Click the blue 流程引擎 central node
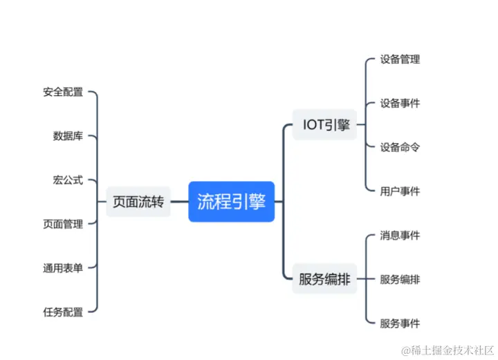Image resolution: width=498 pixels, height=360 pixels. point(232,202)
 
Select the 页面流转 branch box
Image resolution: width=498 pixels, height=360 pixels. point(138,202)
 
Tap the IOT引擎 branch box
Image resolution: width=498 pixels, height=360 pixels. point(326,125)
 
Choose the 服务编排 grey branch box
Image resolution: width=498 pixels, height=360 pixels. point(324,279)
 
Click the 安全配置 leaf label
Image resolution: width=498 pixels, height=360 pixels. point(63,92)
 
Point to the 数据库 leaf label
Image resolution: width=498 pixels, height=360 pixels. point(68,136)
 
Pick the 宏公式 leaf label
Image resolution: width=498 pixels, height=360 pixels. point(68,180)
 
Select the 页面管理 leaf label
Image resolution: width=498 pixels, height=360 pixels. point(63,224)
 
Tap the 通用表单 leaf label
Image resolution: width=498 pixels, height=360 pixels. point(63,268)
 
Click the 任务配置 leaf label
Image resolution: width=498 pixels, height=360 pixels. point(63,312)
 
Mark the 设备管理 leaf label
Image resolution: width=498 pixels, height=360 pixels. point(400,59)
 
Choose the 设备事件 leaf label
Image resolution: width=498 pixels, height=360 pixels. point(400,104)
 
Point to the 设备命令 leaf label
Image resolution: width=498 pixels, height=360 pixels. point(400,147)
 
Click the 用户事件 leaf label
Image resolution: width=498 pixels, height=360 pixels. point(400,191)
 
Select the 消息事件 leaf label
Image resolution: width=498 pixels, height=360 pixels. point(400,236)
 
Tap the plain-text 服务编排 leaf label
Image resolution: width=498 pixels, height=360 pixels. point(400,280)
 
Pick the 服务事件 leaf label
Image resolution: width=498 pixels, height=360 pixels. point(400,323)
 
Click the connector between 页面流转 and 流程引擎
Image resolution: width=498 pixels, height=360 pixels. point(179,202)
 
